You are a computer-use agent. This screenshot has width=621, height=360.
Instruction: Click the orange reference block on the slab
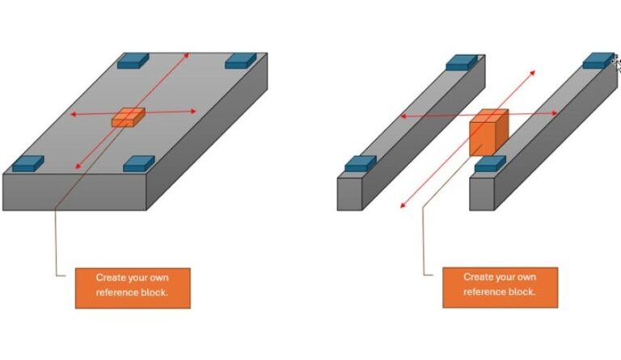(x=129, y=117)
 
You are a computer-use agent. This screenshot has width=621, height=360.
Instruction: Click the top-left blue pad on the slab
(x=133, y=60)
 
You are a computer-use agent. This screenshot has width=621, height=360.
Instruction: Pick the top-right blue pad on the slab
(x=240, y=61)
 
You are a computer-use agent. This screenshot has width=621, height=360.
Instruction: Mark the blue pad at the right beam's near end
(x=490, y=163)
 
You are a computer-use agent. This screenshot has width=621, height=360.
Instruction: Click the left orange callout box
(x=133, y=287)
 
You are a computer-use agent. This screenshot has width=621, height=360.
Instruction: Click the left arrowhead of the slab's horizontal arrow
(x=72, y=115)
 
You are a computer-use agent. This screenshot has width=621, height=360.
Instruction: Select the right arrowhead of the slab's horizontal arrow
(x=193, y=112)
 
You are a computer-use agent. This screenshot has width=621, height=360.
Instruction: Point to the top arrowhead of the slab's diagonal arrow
(x=188, y=53)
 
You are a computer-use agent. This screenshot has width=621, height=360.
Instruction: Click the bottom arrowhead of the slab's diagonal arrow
(x=78, y=167)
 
